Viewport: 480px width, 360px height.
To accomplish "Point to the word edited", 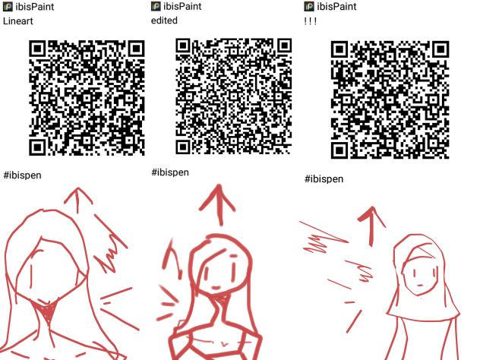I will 165,21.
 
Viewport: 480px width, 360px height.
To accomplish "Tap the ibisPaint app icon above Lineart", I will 8,7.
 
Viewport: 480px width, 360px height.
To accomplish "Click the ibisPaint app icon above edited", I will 157,7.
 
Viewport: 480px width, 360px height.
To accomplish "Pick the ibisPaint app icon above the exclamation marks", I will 308,7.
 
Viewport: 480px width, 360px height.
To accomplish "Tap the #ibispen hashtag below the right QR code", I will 324,179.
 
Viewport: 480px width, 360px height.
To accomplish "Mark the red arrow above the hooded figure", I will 371,224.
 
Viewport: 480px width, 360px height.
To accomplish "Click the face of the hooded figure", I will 420,273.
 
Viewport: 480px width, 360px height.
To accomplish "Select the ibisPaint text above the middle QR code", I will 185,7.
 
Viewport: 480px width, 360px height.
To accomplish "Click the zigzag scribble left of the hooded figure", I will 323,239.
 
